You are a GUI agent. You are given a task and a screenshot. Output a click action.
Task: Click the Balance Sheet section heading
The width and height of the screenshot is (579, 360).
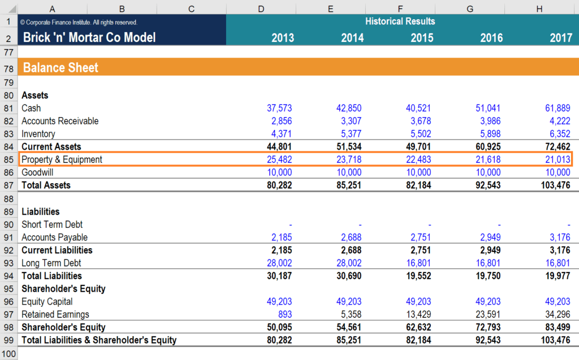coord(61,68)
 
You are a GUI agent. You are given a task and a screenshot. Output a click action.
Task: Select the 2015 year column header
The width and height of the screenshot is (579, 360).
coord(422,38)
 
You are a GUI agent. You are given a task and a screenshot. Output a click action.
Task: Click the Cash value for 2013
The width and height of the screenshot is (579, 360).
coord(279,108)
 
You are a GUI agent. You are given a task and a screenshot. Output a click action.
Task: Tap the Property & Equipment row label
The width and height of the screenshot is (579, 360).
coord(62,159)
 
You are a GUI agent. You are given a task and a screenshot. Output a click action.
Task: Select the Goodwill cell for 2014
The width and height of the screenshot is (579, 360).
coord(349,172)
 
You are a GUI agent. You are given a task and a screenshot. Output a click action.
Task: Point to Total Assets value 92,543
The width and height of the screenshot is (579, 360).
coord(488,185)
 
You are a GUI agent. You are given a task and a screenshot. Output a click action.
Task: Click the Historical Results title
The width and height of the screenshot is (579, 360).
coord(400,21)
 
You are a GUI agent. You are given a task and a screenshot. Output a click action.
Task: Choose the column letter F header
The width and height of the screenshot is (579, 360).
coord(400,8)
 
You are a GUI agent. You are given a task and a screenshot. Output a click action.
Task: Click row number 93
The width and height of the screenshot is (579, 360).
coord(8,263)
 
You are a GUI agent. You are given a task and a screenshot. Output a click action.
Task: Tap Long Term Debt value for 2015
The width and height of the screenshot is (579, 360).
coord(418,263)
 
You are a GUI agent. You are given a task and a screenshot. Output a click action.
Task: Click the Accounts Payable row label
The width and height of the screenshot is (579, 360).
coord(54,237)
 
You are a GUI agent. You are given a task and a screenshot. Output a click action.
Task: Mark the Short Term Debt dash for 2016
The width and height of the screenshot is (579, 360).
coord(499,225)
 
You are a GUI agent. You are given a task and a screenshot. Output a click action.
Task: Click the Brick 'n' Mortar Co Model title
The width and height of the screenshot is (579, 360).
coord(89,38)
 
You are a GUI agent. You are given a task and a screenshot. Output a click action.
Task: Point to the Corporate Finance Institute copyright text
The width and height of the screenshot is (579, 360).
coord(79,23)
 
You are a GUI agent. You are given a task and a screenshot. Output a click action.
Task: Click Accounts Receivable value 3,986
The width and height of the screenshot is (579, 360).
coord(490,121)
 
